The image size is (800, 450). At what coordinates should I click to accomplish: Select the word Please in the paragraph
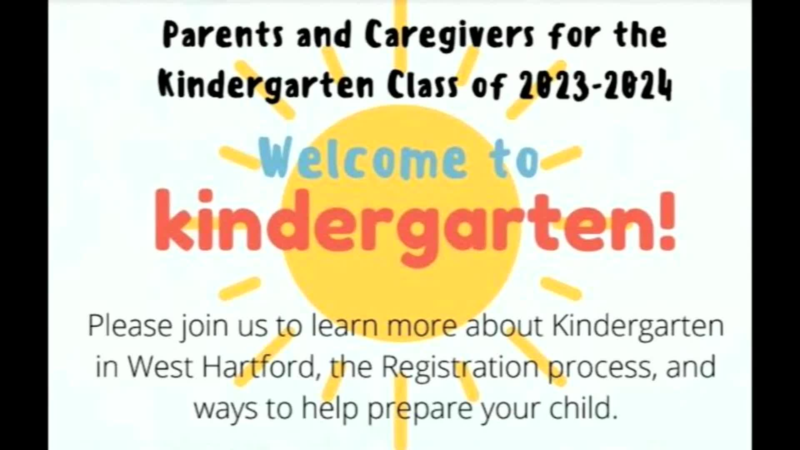pos(130,325)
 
